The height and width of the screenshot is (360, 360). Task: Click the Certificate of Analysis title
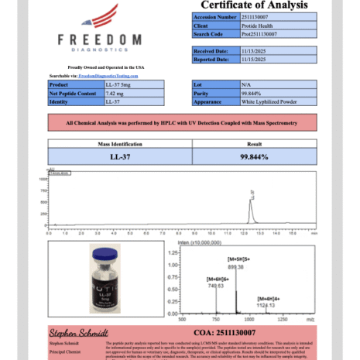(x=249, y=5)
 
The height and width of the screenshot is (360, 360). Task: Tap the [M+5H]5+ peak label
(x=235, y=259)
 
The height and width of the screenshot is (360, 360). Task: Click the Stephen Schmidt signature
(x=78, y=332)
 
